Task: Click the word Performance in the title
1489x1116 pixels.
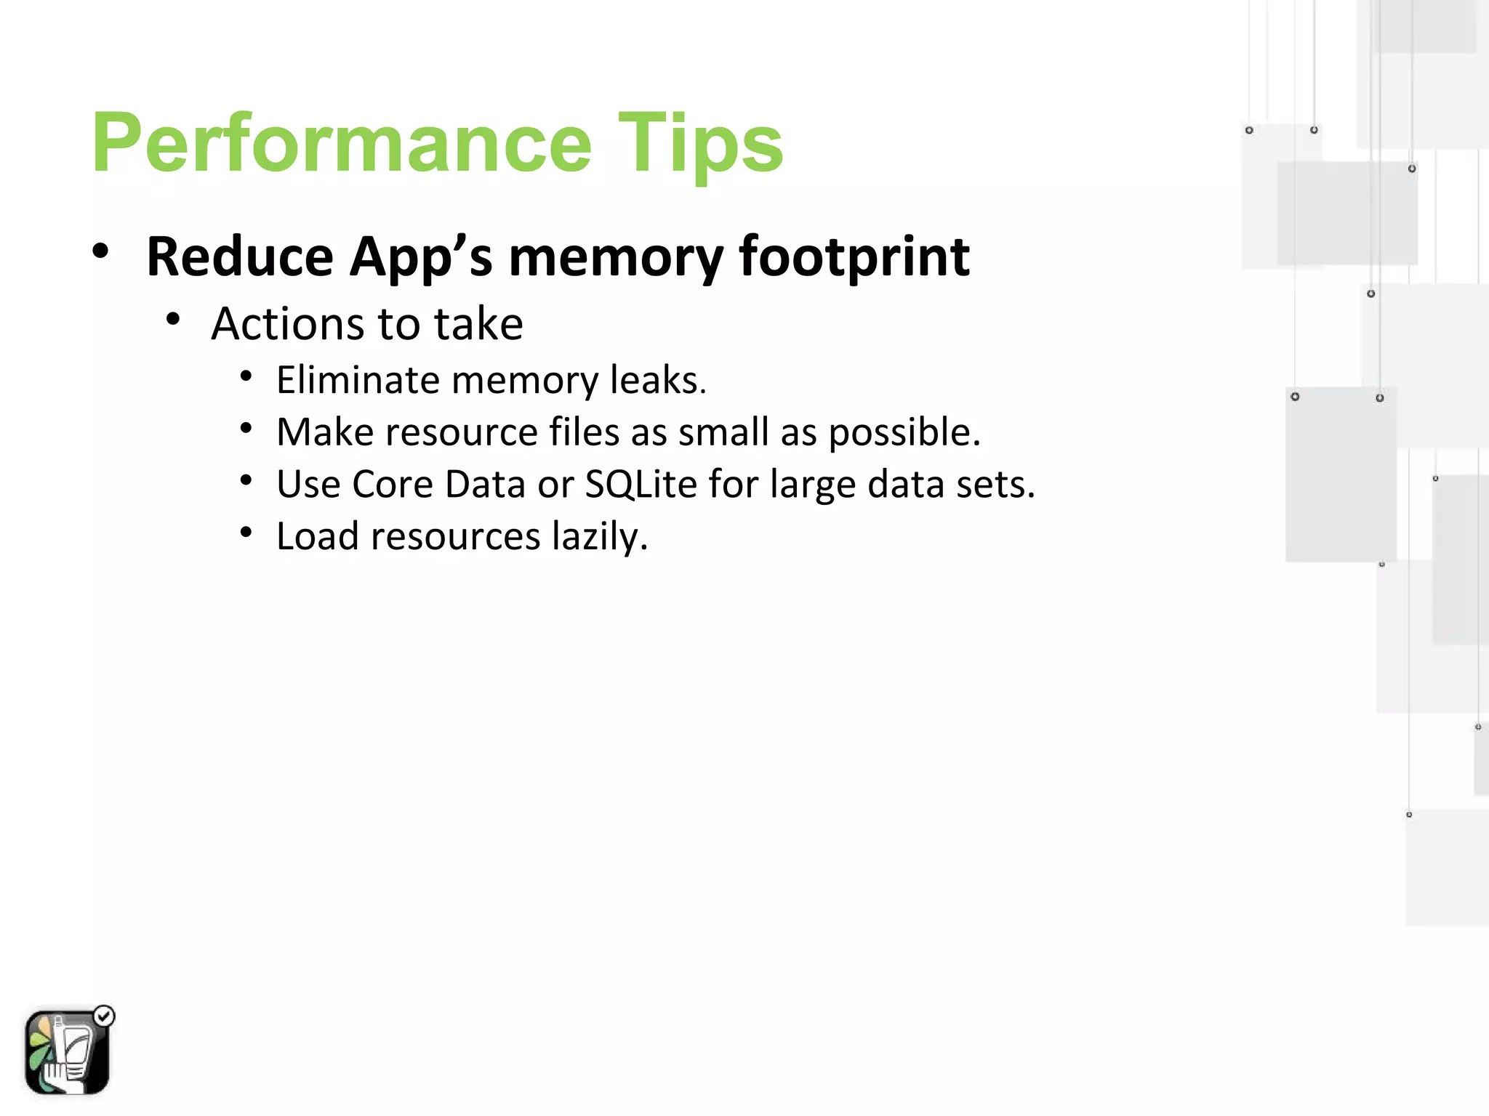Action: click(342, 143)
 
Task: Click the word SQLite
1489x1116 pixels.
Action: click(641, 485)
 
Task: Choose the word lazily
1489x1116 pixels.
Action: click(599, 537)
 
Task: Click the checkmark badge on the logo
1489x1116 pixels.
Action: click(105, 1016)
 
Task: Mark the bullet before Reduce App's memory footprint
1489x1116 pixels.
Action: click(100, 251)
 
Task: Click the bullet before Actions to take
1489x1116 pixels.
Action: click(172, 319)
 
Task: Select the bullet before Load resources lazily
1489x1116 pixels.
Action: click(246, 533)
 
